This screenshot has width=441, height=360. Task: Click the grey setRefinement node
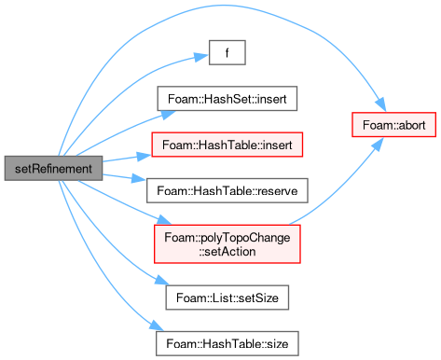(53, 168)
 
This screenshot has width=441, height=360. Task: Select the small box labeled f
(227, 52)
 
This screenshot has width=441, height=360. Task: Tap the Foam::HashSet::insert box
(227, 99)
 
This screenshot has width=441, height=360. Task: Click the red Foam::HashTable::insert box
(227, 145)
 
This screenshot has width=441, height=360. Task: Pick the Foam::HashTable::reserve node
(227, 190)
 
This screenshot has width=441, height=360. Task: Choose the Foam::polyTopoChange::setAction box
(227, 244)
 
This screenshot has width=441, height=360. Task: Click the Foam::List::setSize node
(227, 298)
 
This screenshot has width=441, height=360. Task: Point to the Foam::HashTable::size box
(227, 343)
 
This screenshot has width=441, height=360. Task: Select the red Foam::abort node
(393, 125)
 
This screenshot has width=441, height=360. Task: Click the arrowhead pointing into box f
(201, 57)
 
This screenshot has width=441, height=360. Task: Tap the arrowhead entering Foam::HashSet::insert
(168, 115)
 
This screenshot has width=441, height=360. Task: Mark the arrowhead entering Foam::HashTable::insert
(145, 156)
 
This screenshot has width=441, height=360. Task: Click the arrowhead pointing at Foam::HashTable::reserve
(139, 179)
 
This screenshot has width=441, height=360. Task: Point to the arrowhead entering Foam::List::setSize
(162, 280)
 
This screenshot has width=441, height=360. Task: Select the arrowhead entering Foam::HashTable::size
(157, 326)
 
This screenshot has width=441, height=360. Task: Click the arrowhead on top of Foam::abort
(381, 104)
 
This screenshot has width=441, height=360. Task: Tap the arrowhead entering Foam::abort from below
(378, 144)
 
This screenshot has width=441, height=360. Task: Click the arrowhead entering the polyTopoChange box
(163, 219)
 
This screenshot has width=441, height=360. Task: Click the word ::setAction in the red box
(227, 251)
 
